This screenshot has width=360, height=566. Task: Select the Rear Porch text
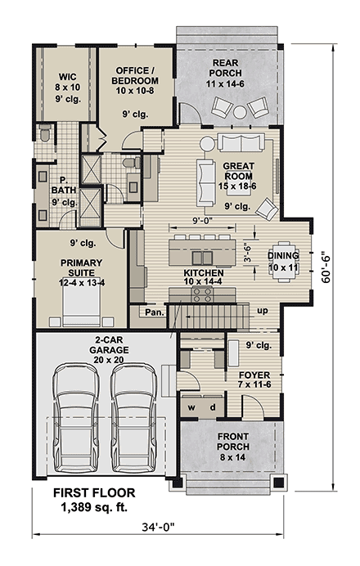(225, 68)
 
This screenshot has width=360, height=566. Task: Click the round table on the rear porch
(240, 112)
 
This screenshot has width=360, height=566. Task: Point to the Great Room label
(239, 171)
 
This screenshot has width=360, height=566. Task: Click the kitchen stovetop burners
(203, 294)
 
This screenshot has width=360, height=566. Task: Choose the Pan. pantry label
(155, 312)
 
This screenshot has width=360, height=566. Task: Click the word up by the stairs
(263, 311)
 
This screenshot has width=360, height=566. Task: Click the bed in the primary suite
(81, 306)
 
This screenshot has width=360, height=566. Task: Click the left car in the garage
(76, 418)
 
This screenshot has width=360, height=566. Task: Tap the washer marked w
(191, 407)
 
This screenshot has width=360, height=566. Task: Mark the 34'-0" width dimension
(158, 528)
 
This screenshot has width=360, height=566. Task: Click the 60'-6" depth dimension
(326, 267)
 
